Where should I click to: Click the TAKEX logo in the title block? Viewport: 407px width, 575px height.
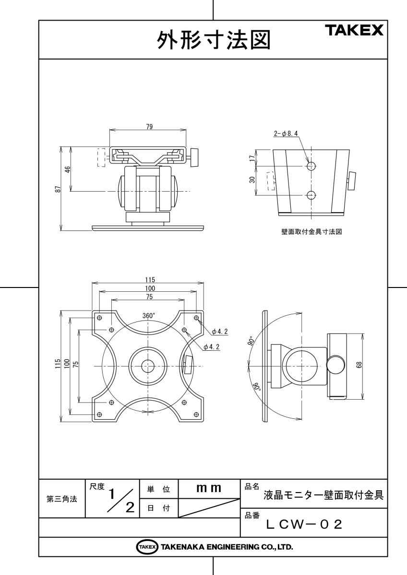coord(355,31)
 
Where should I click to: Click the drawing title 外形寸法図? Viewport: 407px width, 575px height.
coord(213,41)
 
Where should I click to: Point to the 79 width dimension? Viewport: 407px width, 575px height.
coord(149,126)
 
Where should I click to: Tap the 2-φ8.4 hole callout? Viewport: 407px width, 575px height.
coord(286,135)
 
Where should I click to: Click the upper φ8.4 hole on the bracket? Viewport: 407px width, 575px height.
coord(311,166)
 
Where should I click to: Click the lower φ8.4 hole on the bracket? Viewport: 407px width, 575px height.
coord(311,195)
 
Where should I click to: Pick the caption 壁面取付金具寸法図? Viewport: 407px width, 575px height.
coord(311,231)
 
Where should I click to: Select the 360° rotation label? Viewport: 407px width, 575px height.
coord(148,316)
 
